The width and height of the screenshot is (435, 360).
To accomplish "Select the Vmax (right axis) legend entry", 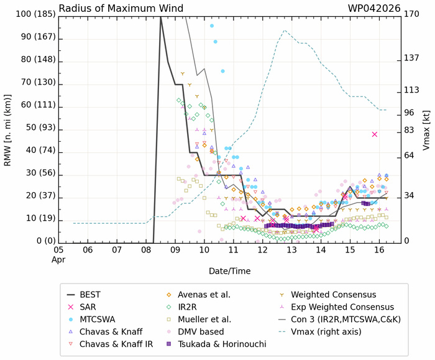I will pos(337,331).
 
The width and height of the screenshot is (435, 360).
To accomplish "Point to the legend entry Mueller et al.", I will pos(206,319).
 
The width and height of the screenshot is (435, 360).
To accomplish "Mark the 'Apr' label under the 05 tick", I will pos(57,259).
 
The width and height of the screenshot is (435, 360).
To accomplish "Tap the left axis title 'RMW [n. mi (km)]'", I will pos(7,129).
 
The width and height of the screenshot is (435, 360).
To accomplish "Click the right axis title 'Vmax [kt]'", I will pos(428,129).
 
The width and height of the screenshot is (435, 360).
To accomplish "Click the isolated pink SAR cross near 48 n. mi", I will pos(375,134).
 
